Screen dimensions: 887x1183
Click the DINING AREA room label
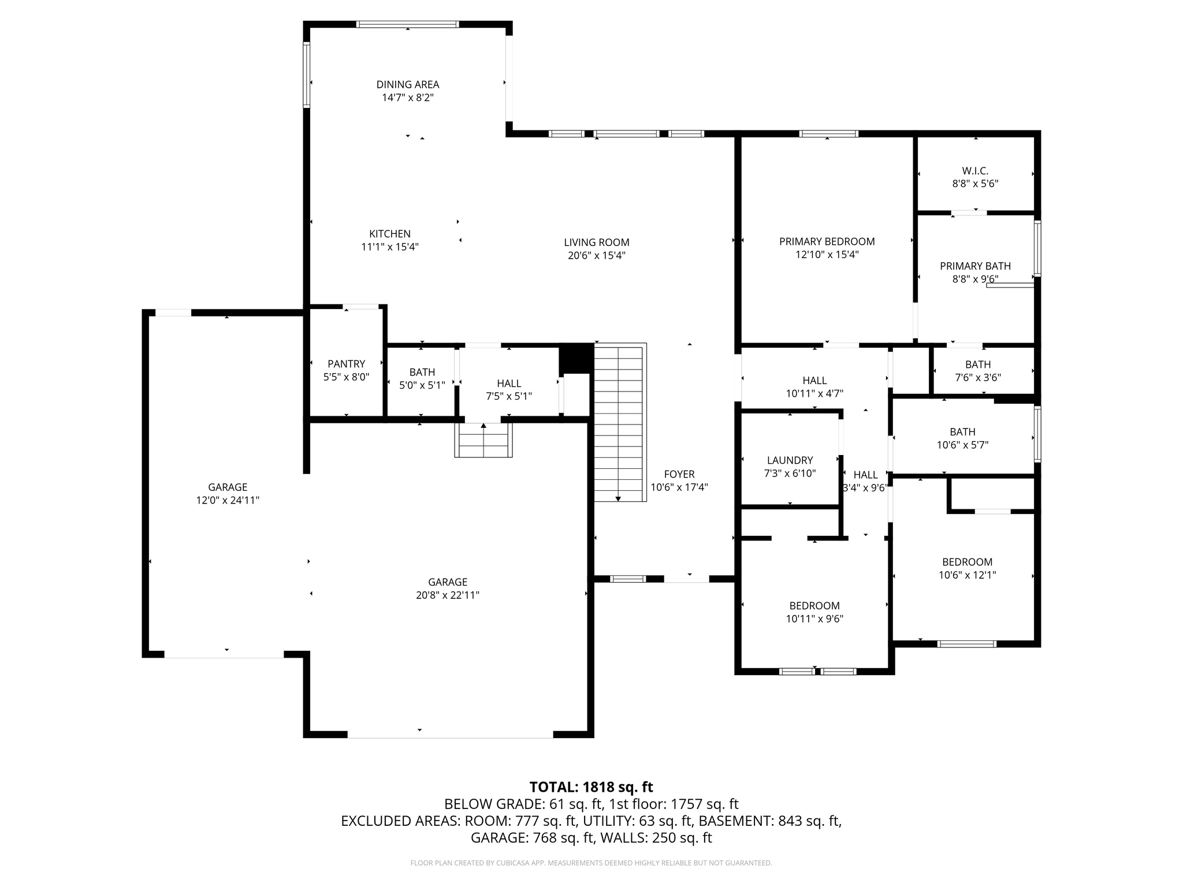(x=408, y=85)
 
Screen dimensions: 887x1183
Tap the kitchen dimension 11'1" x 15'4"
(x=390, y=247)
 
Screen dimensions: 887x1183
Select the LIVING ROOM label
(x=597, y=243)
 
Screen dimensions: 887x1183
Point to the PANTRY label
(x=346, y=364)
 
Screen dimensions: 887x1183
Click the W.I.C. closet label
(x=975, y=171)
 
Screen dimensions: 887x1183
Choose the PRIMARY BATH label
(x=975, y=266)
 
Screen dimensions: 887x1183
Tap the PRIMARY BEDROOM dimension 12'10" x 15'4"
(x=827, y=255)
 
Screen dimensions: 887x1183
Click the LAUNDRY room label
(x=790, y=460)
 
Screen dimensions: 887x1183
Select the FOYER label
(x=679, y=474)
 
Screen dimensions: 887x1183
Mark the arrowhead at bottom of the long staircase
(x=618, y=498)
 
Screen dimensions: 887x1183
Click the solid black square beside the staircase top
(x=576, y=358)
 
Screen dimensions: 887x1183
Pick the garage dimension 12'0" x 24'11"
(x=228, y=501)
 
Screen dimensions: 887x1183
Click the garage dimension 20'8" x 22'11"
(x=448, y=595)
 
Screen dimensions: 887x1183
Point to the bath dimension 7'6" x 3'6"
(x=977, y=378)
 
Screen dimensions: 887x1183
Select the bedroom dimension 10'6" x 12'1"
(x=967, y=575)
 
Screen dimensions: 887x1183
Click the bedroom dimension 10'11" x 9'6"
(x=814, y=619)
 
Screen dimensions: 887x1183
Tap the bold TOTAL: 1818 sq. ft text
(x=591, y=787)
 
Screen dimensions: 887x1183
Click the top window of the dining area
(x=408, y=24)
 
